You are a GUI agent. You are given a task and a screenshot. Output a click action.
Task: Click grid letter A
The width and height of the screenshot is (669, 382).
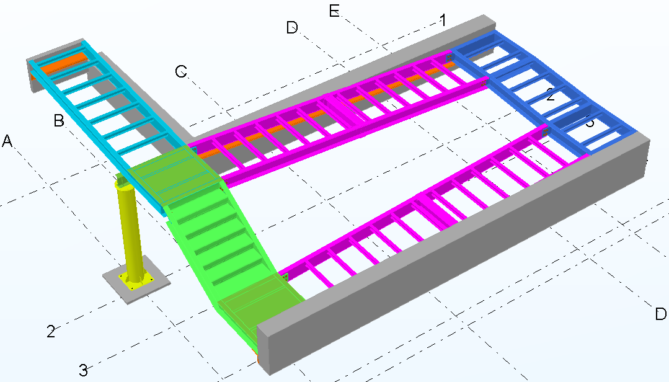pyautogui.click(x=7, y=141)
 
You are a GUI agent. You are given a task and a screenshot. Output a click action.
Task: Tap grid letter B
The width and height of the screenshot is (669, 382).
pyautogui.click(x=60, y=121)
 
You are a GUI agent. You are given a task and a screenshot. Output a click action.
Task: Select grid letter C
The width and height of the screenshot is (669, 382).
pyautogui.click(x=181, y=72)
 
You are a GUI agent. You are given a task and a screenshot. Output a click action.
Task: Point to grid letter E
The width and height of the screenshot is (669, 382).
pyautogui.click(x=335, y=11)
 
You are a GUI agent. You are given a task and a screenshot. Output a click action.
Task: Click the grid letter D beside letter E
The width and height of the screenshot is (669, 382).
pyautogui.click(x=293, y=27)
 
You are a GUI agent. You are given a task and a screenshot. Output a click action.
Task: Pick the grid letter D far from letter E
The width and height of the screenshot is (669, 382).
pyautogui.click(x=661, y=314)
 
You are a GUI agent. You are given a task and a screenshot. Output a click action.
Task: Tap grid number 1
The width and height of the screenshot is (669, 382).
pyautogui.click(x=443, y=20)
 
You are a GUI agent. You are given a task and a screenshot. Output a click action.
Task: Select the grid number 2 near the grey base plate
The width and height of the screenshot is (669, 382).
pyautogui.click(x=51, y=331)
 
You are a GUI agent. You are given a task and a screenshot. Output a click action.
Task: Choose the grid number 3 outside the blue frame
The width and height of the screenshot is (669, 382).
pyautogui.click(x=83, y=371)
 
